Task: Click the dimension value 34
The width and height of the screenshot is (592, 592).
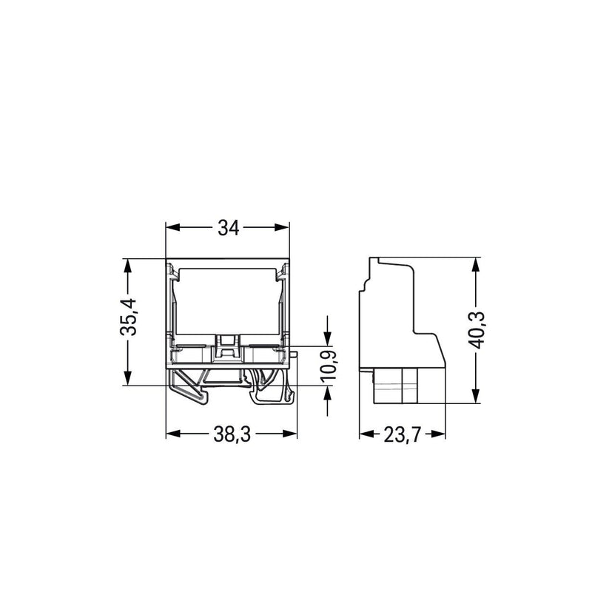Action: (x=229, y=228)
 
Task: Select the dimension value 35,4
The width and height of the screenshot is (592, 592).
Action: (x=128, y=317)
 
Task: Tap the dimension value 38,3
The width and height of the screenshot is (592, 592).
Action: (x=232, y=434)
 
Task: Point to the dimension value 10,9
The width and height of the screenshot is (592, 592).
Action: (x=329, y=366)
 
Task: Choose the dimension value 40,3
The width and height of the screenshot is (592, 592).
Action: (x=477, y=330)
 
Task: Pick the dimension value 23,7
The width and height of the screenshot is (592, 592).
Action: (x=402, y=434)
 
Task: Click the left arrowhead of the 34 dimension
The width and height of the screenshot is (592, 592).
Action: (x=173, y=227)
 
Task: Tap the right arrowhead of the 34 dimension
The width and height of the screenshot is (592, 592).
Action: (x=282, y=227)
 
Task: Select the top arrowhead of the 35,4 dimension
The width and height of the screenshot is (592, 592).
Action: (x=127, y=266)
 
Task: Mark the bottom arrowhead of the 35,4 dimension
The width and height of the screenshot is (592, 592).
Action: (x=127, y=378)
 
